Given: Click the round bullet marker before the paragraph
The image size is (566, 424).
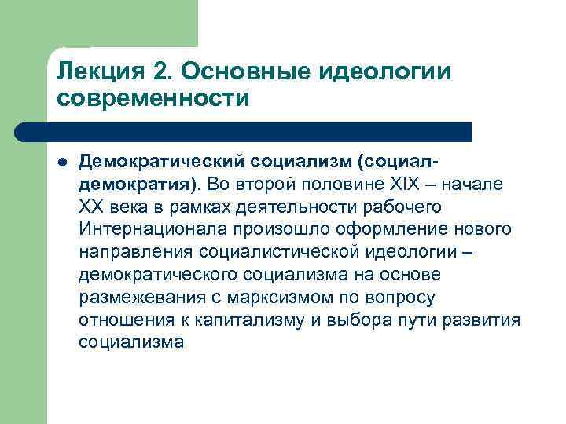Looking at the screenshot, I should (x=62, y=162).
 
